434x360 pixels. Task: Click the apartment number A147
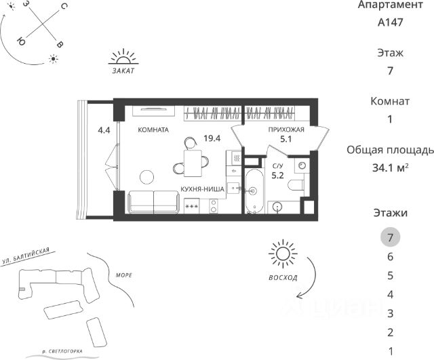pos(390,22)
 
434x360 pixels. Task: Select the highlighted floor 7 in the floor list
pos(390,237)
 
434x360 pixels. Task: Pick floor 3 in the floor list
pos(390,313)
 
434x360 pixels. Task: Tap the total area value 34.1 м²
pos(391,167)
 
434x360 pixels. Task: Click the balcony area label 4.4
pos(104,130)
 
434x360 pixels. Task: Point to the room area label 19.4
pos(212,138)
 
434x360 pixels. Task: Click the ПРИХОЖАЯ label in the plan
pos(286,129)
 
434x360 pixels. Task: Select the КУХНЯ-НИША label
pos(202,189)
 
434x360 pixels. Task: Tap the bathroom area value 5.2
pos(277,176)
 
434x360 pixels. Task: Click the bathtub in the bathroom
pos(254,191)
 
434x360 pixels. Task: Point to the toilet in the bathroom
pos(296,185)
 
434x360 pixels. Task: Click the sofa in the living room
pos(153,202)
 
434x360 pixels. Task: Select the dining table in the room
pos(193,163)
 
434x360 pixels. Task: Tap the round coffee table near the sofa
pos(146,177)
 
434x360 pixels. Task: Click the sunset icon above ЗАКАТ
pos(123,56)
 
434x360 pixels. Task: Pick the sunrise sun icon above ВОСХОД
pos(283,254)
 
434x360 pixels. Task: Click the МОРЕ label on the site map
pos(123,275)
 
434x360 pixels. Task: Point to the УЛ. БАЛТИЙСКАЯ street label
pos(26,256)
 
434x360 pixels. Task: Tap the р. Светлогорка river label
pos(62,351)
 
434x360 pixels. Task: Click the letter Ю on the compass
pos(21,41)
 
